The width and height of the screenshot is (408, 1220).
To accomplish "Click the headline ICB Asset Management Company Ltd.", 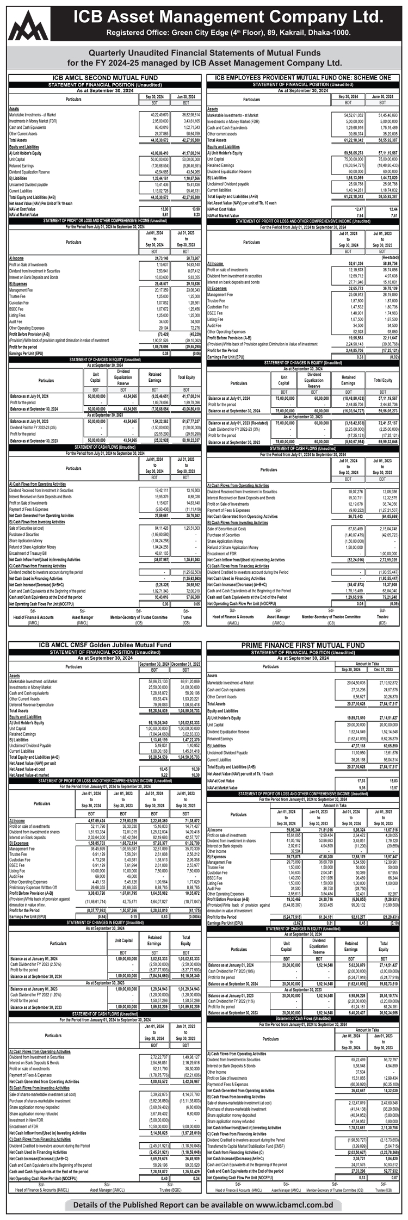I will [x=228, y=15].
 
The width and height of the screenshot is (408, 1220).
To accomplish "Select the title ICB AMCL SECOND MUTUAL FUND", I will [x=104, y=78].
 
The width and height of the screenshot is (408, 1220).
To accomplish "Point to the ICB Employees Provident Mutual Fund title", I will [x=303, y=78].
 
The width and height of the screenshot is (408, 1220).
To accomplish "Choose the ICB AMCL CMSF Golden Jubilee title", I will [x=104, y=645].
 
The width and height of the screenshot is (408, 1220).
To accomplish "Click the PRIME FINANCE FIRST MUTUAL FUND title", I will [x=303, y=645].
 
